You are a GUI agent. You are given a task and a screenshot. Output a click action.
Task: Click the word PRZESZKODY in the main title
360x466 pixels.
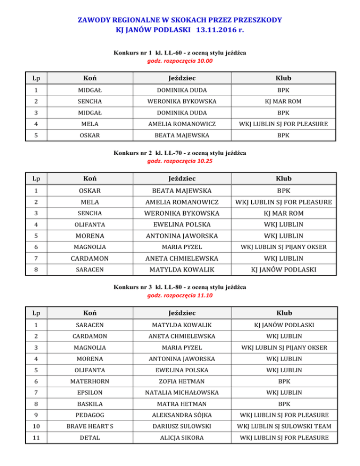pos(254,20)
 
